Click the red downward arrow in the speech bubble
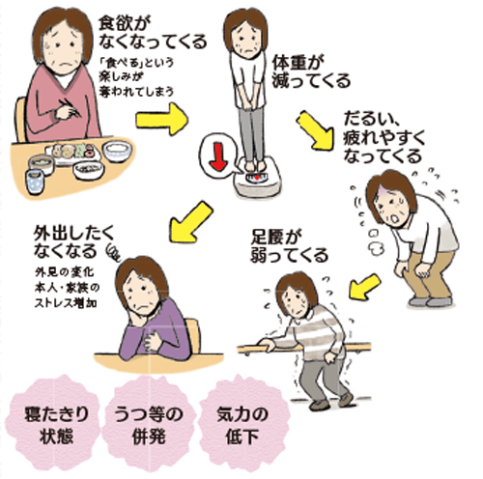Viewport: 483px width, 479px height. tap(218, 156)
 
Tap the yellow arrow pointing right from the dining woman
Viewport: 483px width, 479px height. tap(161, 119)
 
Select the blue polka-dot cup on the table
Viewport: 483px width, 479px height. tap(35, 182)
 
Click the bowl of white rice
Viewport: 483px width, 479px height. tap(117, 151)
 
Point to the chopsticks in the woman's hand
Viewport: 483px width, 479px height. tap(71, 107)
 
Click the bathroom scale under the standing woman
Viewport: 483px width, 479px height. tap(258, 178)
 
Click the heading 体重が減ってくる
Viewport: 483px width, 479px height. tap(311, 71)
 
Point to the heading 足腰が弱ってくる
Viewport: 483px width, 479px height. tap(289, 246)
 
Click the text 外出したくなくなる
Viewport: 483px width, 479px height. tap(74, 242)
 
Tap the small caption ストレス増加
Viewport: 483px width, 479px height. tap(66, 303)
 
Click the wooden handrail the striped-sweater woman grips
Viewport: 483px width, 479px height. tap(304, 348)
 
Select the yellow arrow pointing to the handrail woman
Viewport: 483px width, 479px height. tap(364, 287)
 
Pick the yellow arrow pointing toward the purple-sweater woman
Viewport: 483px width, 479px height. tap(190, 222)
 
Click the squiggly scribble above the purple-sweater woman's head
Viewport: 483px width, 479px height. tap(114, 253)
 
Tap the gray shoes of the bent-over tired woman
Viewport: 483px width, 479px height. tap(430, 301)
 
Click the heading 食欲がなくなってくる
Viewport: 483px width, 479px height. tap(153, 33)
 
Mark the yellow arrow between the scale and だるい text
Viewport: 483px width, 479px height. tap(315, 131)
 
